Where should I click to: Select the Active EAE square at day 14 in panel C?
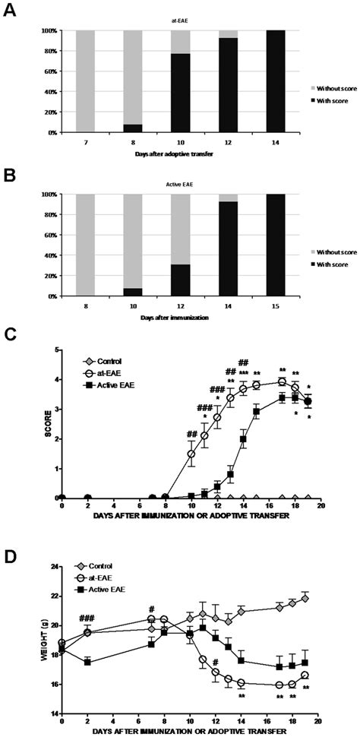pos(243,438)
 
